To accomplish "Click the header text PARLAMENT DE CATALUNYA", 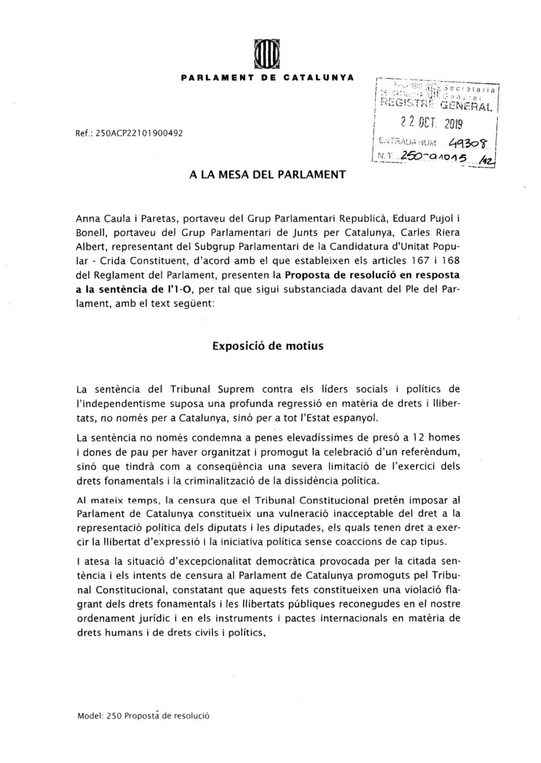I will tap(267, 78).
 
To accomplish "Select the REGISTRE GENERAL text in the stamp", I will tap(437, 105).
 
